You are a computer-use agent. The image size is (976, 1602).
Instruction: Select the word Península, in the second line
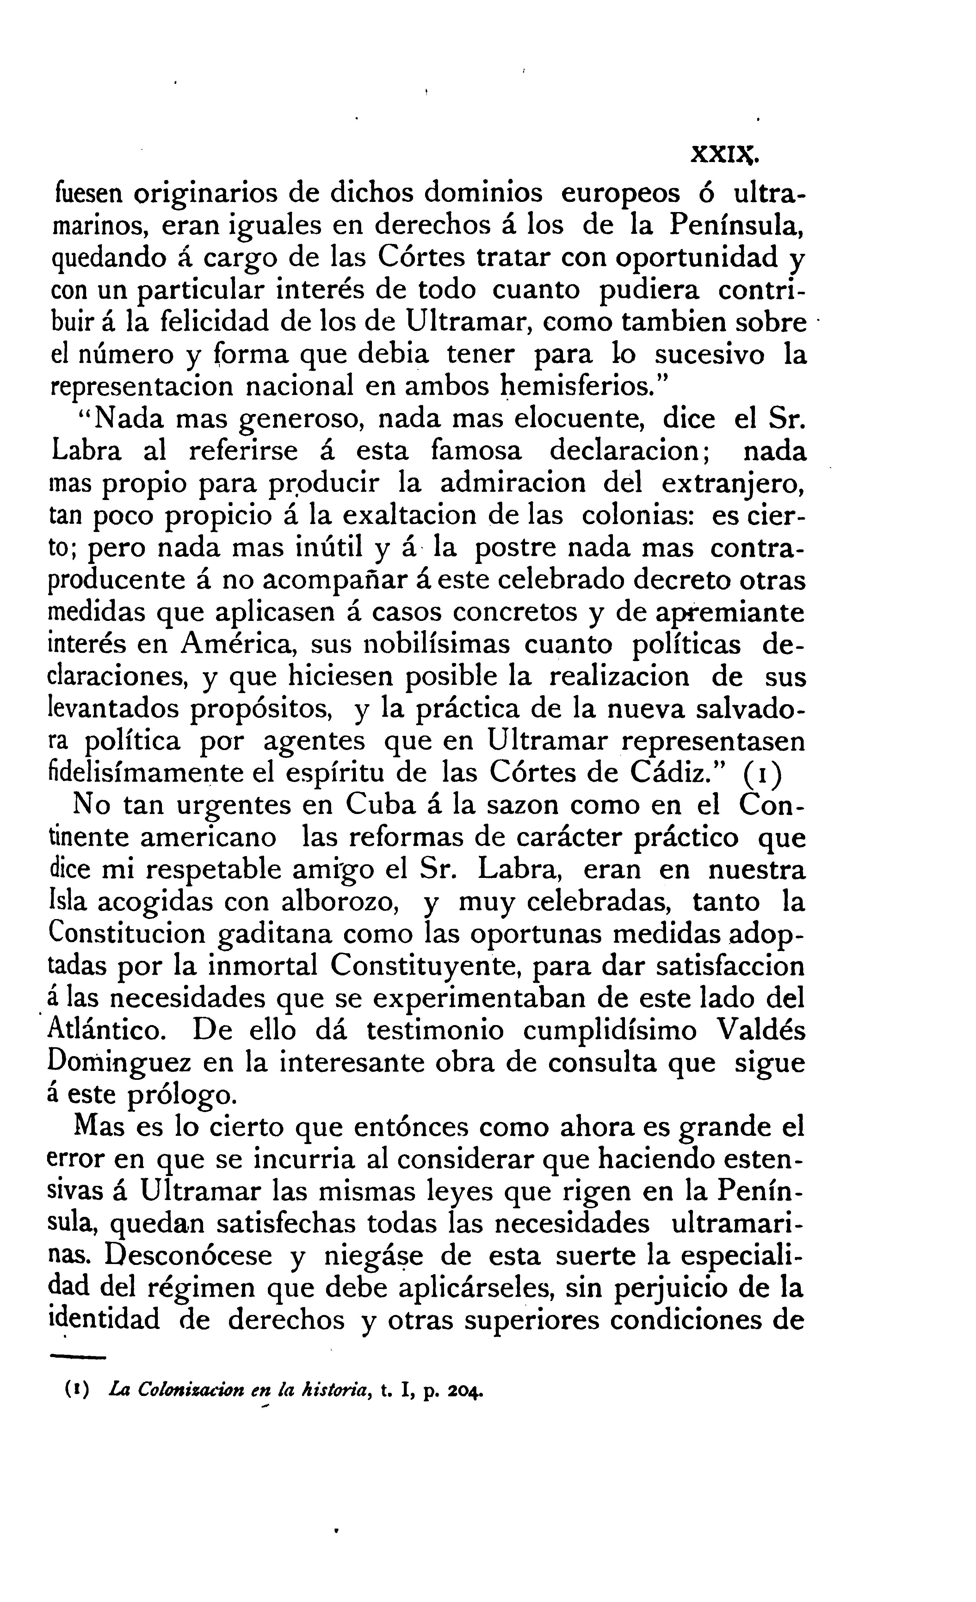[x=738, y=226]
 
